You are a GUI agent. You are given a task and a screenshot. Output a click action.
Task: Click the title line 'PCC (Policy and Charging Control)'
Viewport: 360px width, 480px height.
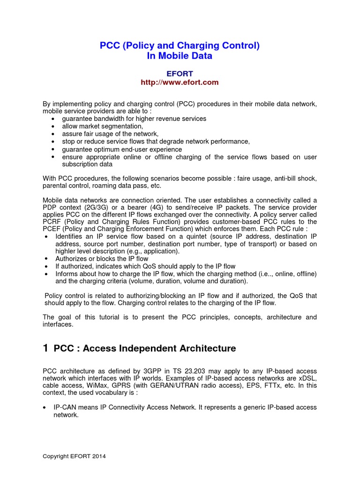tap(180, 45)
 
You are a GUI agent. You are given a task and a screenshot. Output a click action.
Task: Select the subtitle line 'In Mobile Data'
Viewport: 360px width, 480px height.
tap(180, 56)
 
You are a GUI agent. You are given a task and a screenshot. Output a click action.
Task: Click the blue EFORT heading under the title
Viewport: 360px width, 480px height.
tap(180, 74)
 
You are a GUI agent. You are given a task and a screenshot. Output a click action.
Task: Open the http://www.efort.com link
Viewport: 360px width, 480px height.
tap(180, 82)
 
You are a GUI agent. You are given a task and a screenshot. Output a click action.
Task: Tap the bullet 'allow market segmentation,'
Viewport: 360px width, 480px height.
tap(102, 126)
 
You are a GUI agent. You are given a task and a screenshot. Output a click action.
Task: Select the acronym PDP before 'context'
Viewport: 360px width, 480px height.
tap(50, 207)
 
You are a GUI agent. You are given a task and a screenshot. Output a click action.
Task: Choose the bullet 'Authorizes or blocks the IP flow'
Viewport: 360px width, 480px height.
tap(102, 258)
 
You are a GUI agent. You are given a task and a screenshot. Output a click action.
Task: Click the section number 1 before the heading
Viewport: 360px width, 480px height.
tap(45, 348)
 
